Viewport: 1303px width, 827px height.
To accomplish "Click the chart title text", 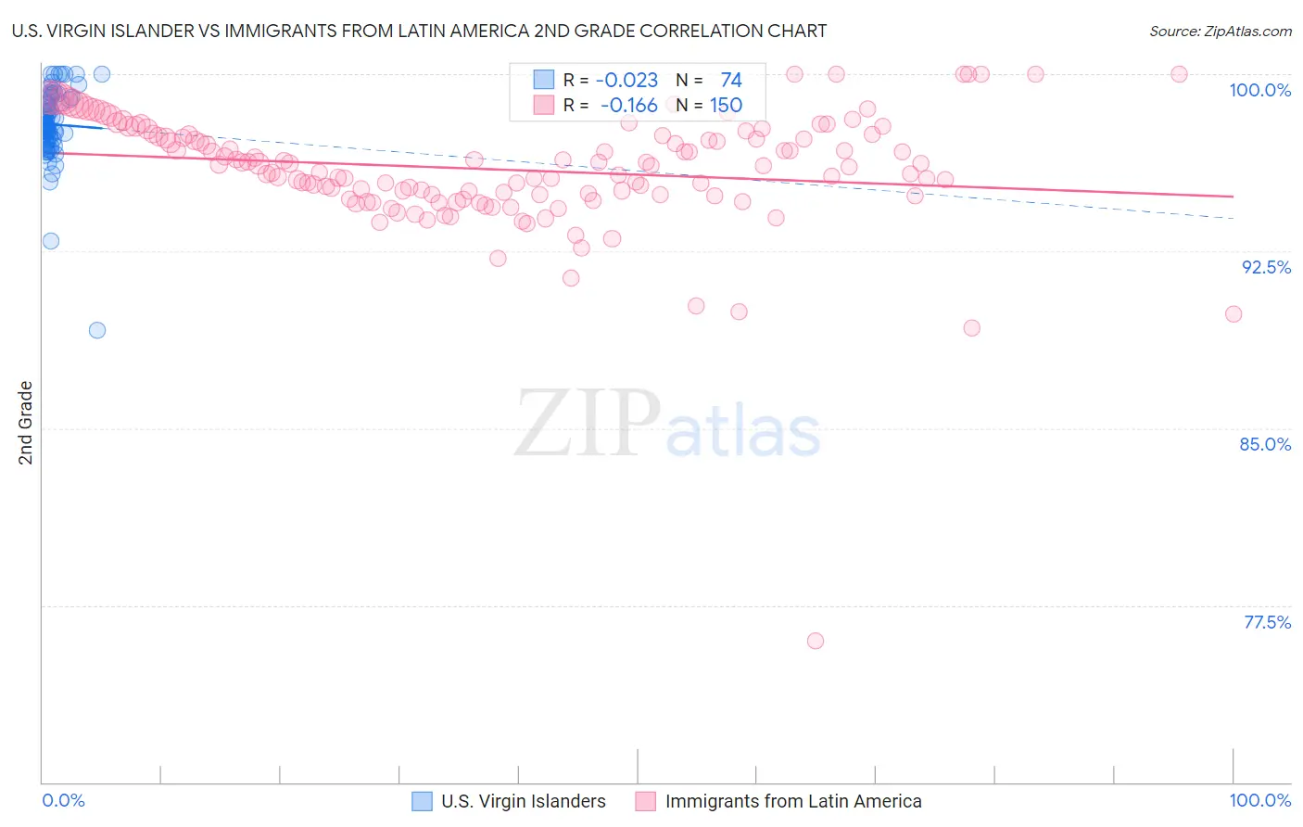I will (419, 31).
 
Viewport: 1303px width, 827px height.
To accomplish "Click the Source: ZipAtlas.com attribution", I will (1220, 31).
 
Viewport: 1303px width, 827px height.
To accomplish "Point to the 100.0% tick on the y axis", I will (1259, 90).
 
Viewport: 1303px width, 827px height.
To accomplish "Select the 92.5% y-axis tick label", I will (1266, 267).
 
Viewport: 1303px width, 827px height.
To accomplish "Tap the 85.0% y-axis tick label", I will (1265, 444).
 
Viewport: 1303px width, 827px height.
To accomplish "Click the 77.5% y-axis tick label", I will (1267, 622).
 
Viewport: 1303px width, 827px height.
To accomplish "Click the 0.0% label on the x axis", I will (64, 800).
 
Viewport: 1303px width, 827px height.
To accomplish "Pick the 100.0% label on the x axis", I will (1259, 800).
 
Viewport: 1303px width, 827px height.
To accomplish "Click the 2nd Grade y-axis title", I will (26, 423).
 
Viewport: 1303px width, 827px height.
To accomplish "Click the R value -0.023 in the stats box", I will (626, 81).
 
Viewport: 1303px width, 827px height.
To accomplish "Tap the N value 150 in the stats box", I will (726, 106).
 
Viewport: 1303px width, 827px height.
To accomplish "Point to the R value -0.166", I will (628, 106).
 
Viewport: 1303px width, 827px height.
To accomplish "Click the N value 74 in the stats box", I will (730, 81).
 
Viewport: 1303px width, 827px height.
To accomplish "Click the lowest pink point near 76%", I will (816, 641).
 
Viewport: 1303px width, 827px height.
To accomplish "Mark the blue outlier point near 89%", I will (97, 330).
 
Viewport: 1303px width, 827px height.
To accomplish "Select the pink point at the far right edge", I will (1233, 314).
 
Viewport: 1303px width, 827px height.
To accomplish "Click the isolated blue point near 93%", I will (51, 241).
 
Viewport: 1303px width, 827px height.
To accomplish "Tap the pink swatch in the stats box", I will (543, 105).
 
